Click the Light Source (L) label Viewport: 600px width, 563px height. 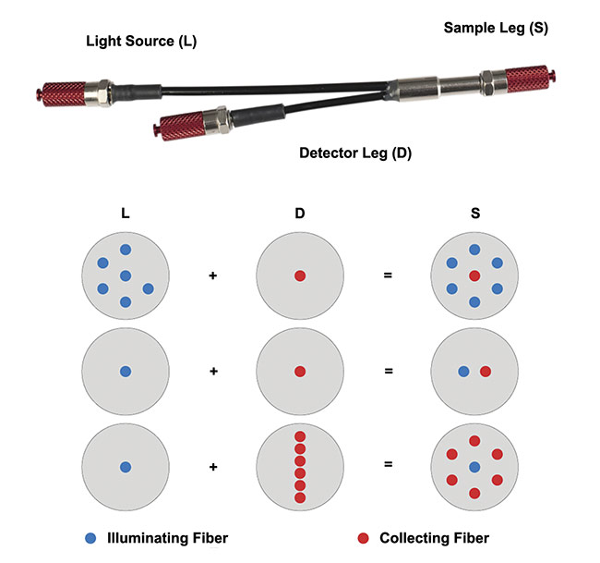141,42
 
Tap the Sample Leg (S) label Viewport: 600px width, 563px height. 496,28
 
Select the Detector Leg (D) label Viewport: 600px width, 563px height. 354,153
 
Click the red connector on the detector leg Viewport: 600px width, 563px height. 184,122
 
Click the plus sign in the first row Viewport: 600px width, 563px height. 213,275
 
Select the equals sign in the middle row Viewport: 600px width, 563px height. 388,372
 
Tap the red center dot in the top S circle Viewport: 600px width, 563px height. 474,276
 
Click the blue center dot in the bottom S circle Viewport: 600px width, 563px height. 474,467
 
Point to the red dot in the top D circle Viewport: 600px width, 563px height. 299,275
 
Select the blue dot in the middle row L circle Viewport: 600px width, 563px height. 126,372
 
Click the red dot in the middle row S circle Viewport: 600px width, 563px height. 486,372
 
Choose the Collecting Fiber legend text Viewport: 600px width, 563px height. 434,538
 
